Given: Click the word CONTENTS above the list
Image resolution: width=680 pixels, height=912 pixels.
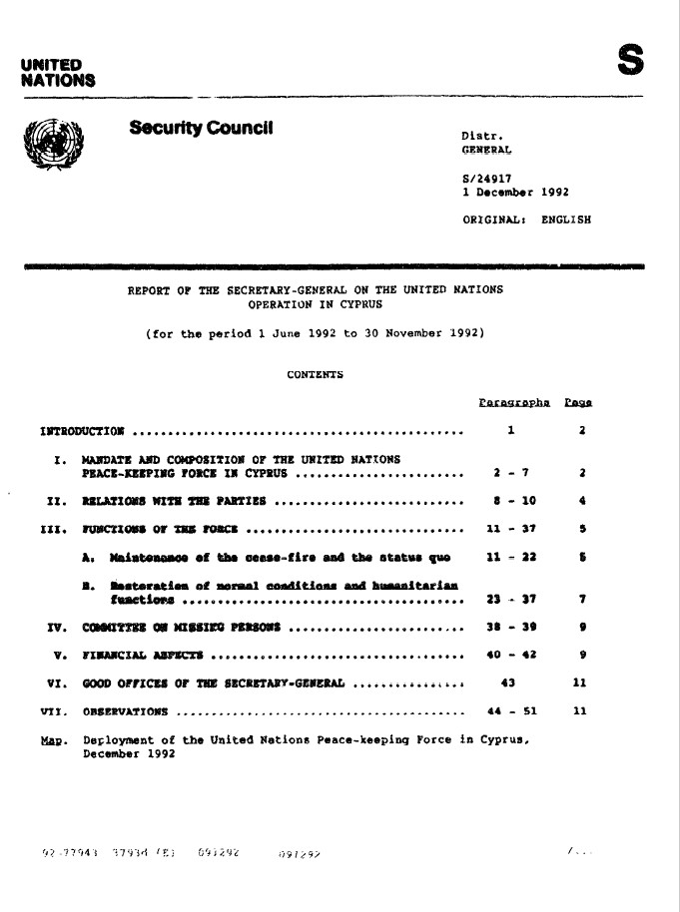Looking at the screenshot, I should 315,376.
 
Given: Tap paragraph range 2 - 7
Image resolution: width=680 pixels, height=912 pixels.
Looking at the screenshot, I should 510,470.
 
